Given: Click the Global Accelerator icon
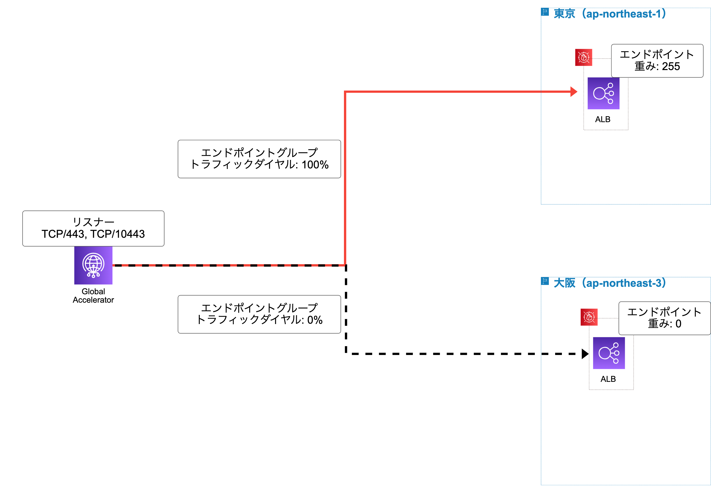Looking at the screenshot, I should [x=93, y=265].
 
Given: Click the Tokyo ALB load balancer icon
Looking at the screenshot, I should [x=603, y=93].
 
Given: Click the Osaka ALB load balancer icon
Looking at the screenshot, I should [x=609, y=353].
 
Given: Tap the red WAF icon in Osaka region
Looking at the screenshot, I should [x=589, y=317].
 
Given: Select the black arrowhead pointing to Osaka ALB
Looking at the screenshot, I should [x=585, y=354].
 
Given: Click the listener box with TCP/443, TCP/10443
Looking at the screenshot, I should [x=93, y=228].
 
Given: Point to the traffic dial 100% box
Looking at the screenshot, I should [x=259, y=159].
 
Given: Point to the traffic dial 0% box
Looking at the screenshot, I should [x=259, y=314].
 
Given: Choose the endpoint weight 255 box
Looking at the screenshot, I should [x=657, y=60].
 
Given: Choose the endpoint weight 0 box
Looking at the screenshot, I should [x=664, y=318].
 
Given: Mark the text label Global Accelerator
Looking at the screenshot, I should [x=93, y=296].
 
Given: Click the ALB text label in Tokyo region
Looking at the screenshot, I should [x=602, y=119].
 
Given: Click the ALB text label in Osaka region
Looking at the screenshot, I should [x=608, y=379].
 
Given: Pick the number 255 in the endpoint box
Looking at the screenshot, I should [x=671, y=66].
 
